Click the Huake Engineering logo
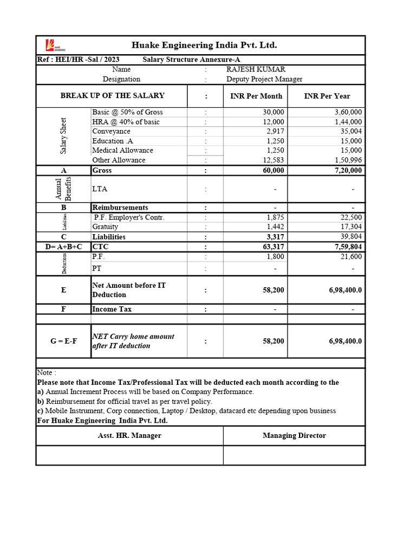coord(50,46)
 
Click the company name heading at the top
coord(204,45)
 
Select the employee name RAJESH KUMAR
coord(256,69)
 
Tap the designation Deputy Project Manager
coord(264,79)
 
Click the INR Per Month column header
coord(256,96)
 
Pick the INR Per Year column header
coord(327,96)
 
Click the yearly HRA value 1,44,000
coord(348,122)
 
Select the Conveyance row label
coord(111,131)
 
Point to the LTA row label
coord(100,189)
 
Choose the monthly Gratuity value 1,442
coord(275,227)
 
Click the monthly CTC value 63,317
coord(272,247)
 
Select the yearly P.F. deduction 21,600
coord(351,256)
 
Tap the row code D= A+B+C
coord(63,247)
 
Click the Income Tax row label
coord(112,309)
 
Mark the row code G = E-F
coord(63,341)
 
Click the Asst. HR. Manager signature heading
coord(129,435)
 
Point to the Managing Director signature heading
coord(294,435)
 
